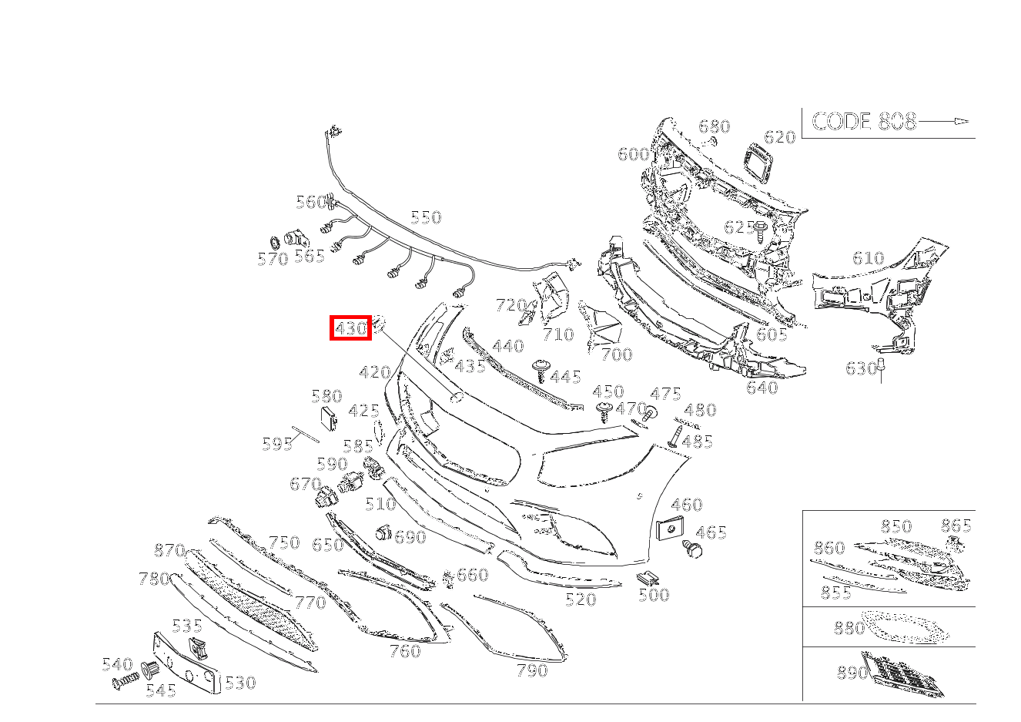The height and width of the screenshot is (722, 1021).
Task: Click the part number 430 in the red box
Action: [350, 327]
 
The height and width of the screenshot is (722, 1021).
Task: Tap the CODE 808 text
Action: [864, 122]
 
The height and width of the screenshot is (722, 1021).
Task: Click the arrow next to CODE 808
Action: [943, 121]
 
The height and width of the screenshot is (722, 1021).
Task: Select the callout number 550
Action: [426, 217]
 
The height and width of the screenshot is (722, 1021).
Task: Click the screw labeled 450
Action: [604, 411]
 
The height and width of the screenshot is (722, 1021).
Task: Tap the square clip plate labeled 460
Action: [671, 528]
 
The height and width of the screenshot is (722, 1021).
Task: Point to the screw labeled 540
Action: [125, 682]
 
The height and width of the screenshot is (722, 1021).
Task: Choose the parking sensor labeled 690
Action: [383, 532]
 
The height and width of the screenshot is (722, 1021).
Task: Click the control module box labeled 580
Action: [328, 418]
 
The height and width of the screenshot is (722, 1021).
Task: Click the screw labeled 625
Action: [760, 233]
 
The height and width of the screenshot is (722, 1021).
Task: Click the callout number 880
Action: [849, 629]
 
